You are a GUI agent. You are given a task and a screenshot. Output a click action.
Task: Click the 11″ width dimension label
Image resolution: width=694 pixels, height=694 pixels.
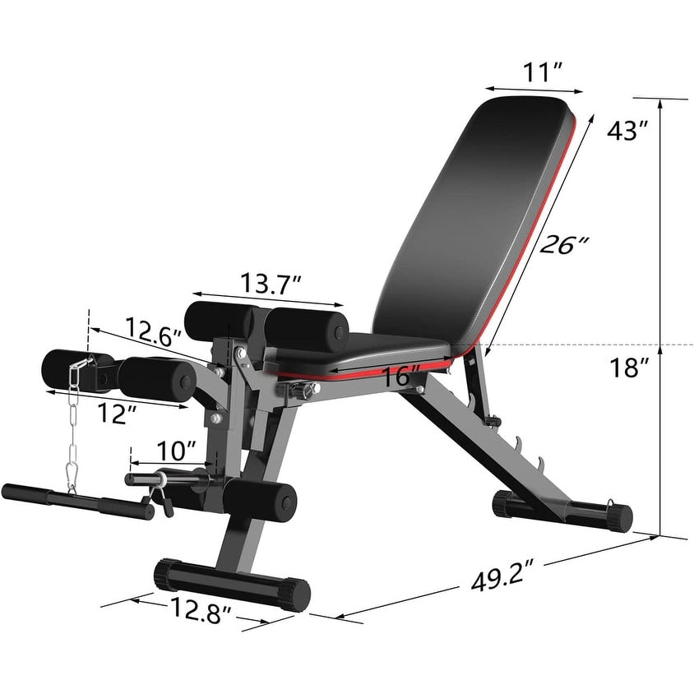point(543,72)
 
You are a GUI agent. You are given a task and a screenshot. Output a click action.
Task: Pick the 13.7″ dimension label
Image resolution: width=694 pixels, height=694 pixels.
point(271,283)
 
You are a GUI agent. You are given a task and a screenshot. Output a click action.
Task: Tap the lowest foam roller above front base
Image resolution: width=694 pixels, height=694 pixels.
point(261,497)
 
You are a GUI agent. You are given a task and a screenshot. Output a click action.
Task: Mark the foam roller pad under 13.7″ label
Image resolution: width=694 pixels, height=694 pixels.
point(305,324)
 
